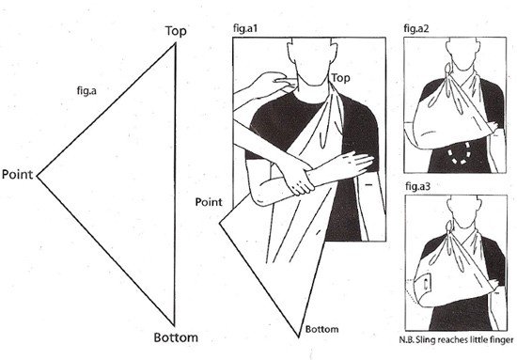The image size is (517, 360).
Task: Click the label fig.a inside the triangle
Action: pyautogui.click(x=86, y=90)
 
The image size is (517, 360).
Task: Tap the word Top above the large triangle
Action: pyautogui.click(x=176, y=31)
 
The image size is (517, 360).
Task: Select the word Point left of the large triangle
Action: pyautogui.click(x=18, y=174)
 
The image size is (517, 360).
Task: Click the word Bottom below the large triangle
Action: pyautogui.click(x=176, y=337)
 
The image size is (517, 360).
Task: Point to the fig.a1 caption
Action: pyautogui.click(x=245, y=28)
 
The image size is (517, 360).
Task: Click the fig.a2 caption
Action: pyautogui.click(x=416, y=29)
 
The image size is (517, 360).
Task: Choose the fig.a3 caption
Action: pyautogui.click(x=417, y=187)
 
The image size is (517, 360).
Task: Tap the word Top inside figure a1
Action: pyautogui.click(x=340, y=78)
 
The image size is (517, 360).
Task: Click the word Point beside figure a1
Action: pyautogui.click(x=209, y=202)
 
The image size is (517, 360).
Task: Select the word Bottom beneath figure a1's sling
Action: pyautogui.click(x=321, y=329)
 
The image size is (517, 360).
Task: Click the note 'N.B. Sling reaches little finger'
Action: pyautogui.click(x=456, y=340)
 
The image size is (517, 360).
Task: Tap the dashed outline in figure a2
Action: pyautogui.click(x=459, y=153)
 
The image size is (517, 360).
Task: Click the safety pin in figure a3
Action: pyautogui.click(x=427, y=284)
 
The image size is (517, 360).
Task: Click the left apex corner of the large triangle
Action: pyautogui.click(x=37, y=177)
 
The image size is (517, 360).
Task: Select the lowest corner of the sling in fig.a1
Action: pyautogui.click(x=298, y=337)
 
